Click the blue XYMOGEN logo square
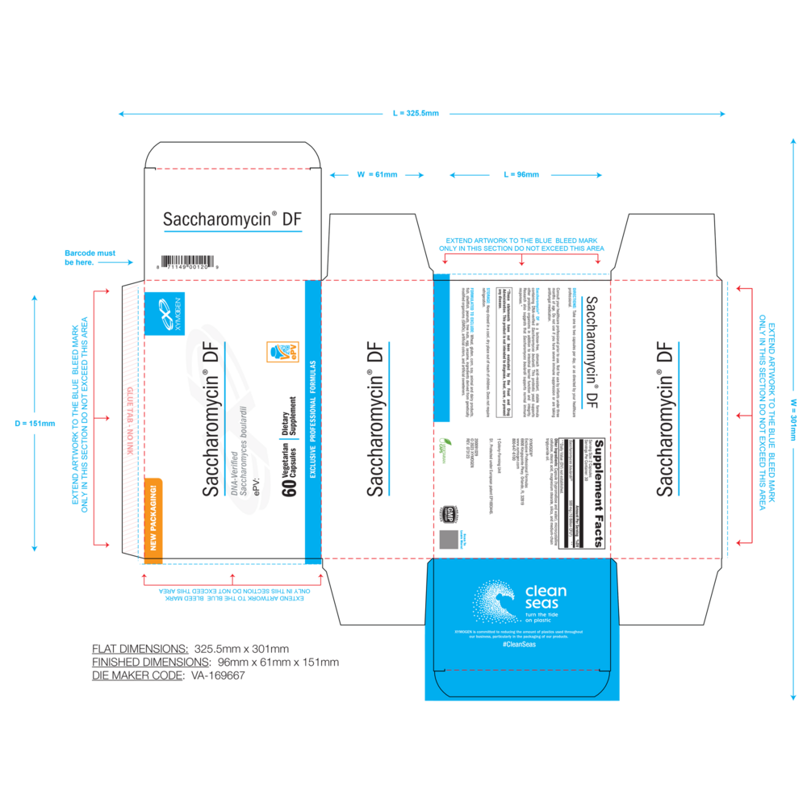point(165,312)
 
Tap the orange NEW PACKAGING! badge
point(153,517)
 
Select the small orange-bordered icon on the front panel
point(282,351)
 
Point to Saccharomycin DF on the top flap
point(232,219)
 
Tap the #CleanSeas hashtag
point(518,645)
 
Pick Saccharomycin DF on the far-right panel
point(665,420)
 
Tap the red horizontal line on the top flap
point(232,169)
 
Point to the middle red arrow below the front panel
point(232,578)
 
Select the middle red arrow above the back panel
point(521,259)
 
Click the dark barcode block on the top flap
point(187,261)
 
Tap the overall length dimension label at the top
point(416,114)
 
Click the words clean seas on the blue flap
point(546,597)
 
